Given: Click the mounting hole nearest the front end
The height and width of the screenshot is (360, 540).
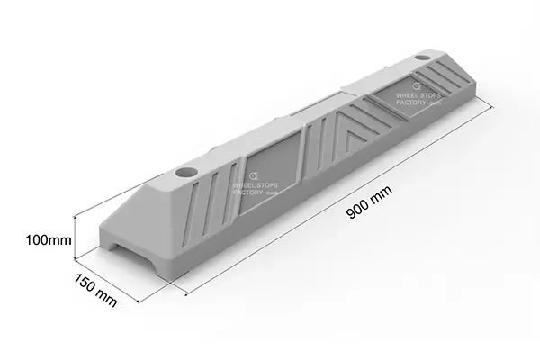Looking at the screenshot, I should pos(186,169).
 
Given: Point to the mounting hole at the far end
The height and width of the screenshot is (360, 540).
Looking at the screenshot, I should pos(423,60).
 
